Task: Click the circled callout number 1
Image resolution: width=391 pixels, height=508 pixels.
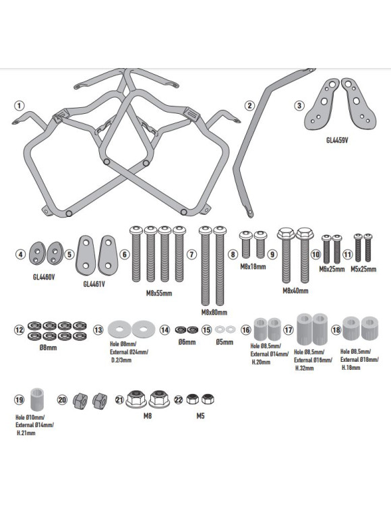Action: click(x=20, y=106)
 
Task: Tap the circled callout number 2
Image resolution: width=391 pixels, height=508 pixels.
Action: click(x=249, y=105)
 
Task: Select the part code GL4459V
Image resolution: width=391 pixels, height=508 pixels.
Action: click(x=337, y=141)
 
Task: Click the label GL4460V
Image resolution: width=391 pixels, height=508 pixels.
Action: click(x=44, y=278)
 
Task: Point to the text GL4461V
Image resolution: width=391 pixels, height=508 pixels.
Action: click(x=94, y=284)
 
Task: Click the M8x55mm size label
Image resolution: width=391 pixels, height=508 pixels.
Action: click(x=159, y=294)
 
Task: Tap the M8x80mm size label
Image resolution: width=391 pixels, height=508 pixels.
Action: click(x=214, y=313)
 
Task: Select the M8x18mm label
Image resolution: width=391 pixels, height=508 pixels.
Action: click(x=253, y=267)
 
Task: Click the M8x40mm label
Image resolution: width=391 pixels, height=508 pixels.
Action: click(x=295, y=290)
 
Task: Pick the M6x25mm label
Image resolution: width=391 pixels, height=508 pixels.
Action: click(x=332, y=269)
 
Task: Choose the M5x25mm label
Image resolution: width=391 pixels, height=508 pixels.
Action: click(x=363, y=269)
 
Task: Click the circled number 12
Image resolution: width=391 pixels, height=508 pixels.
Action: click(x=19, y=330)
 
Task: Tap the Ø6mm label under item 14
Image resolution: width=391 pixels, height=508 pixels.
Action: click(x=187, y=342)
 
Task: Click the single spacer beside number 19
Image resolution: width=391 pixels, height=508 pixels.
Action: click(x=37, y=398)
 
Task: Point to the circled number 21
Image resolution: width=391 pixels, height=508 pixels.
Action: click(x=120, y=400)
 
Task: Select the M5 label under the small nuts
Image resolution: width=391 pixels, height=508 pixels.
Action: click(x=200, y=416)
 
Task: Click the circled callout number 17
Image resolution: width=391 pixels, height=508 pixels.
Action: click(x=288, y=330)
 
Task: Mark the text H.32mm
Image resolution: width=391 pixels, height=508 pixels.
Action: click(x=305, y=369)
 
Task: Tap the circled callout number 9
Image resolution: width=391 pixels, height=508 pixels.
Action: click(x=272, y=254)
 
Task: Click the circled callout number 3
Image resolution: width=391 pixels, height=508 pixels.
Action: click(x=299, y=105)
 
